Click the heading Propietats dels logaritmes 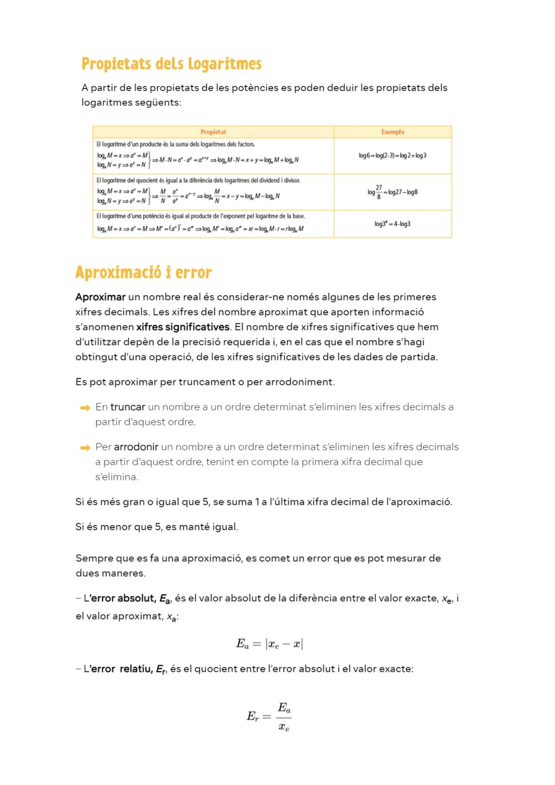[172, 64]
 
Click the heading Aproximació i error [143, 272]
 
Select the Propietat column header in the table [213, 132]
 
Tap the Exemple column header [393, 132]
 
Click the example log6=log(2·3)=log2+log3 [393, 156]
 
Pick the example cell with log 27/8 [393, 192]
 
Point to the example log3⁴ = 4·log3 [393, 224]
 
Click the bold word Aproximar [100, 297]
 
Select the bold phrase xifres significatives [183, 327]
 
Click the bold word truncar [127, 407]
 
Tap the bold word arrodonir [136, 447]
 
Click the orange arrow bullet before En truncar [85, 408]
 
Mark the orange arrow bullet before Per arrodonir [85, 448]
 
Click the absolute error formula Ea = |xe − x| [269, 644]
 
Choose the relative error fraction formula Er [269, 716]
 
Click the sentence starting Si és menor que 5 [157, 527]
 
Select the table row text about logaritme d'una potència [200, 216]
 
